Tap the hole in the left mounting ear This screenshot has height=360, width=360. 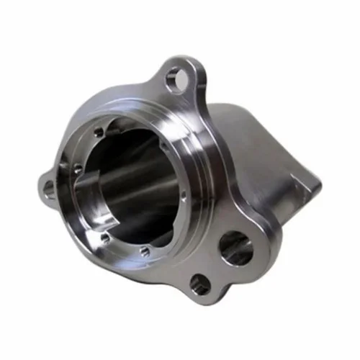(x=48, y=189)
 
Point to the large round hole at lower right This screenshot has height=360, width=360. (x=235, y=248)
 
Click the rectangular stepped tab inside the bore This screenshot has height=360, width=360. (x=86, y=193)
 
